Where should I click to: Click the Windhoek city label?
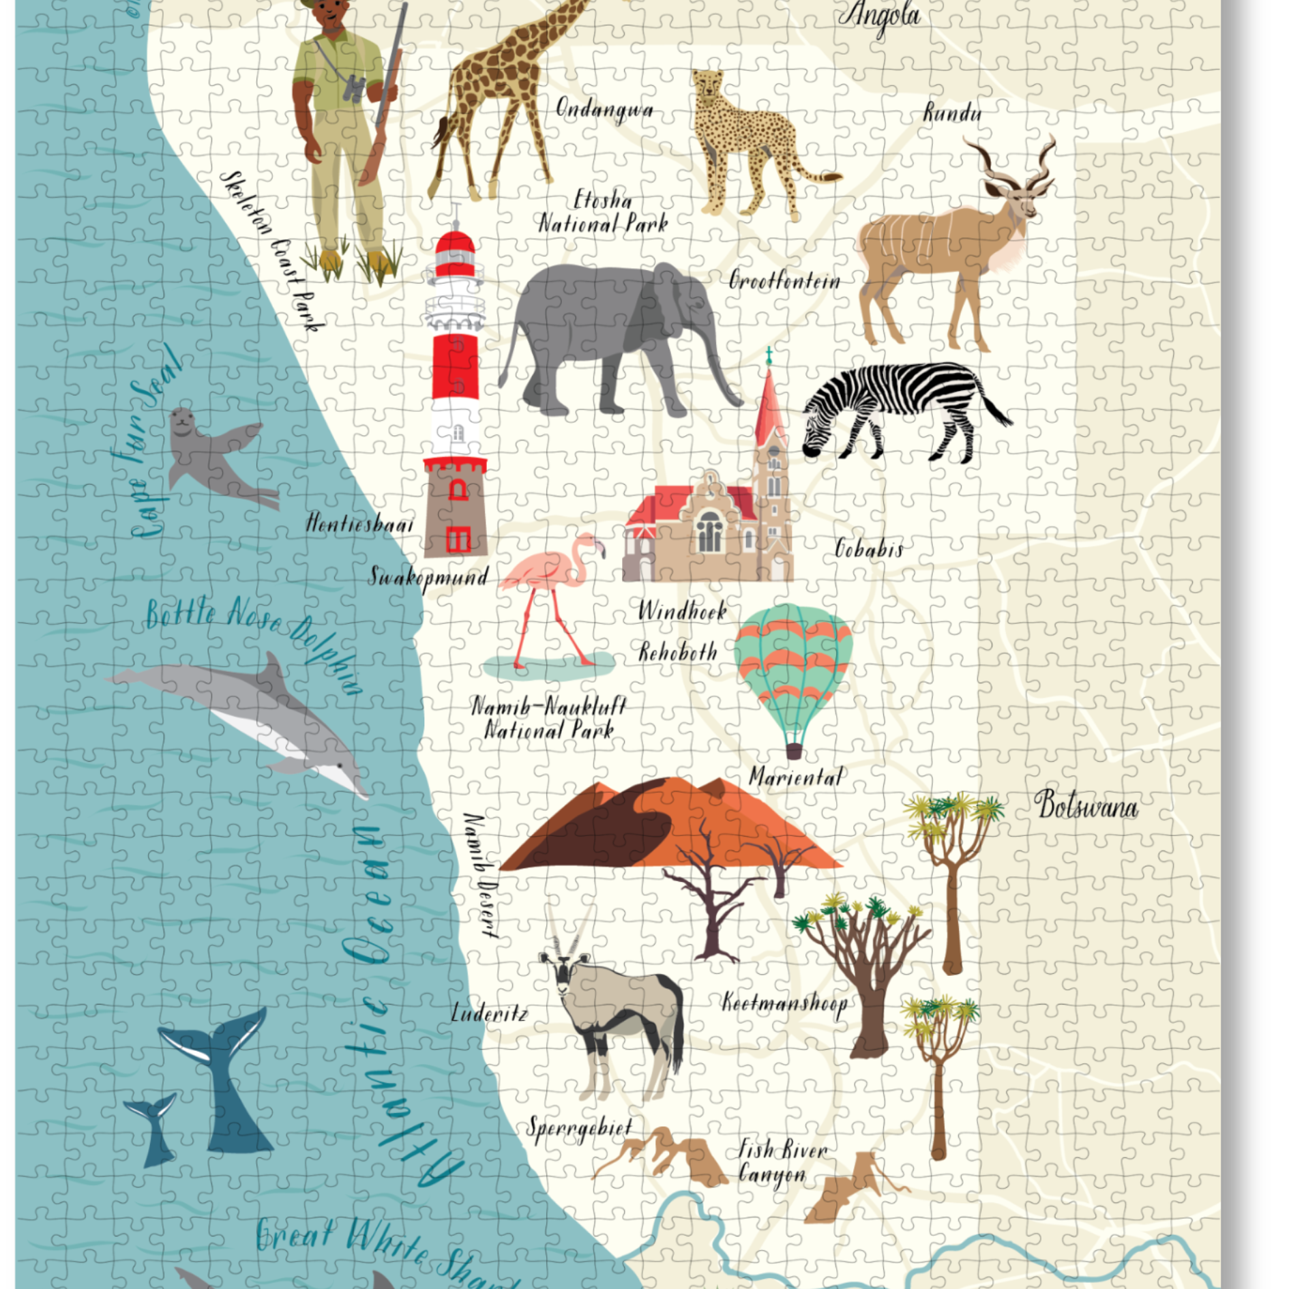click(x=682, y=610)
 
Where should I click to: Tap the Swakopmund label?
click(x=429, y=577)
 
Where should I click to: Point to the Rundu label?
click(x=952, y=113)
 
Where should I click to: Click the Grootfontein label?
click(x=784, y=280)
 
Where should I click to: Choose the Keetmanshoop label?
click(x=784, y=1003)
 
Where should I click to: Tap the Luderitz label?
click(x=489, y=1013)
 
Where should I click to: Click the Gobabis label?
click(x=869, y=548)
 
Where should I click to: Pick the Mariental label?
click(x=796, y=777)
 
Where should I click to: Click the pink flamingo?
click(x=552, y=587)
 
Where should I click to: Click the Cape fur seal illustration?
click(x=211, y=454)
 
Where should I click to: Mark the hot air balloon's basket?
click(x=794, y=750)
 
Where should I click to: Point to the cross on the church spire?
click(x=769, y=355)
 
